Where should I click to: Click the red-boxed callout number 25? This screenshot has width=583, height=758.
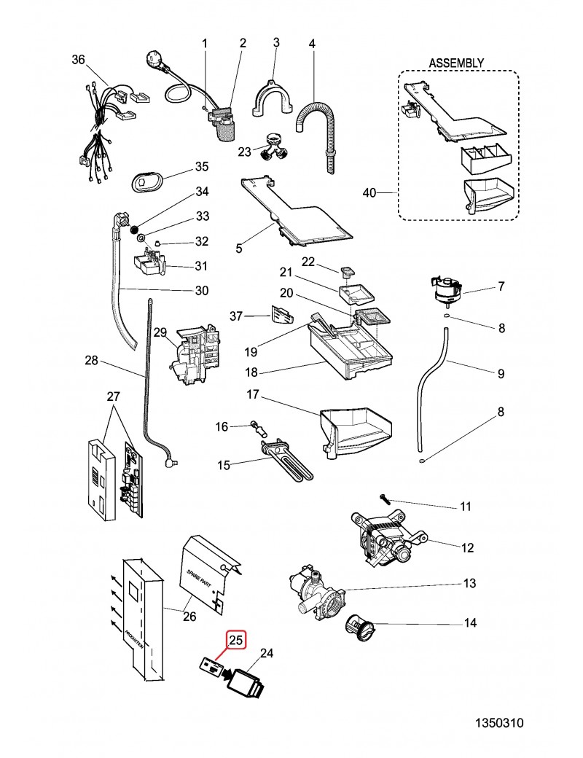click(x=237, y=641)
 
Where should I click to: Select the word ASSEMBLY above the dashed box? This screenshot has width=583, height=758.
click(x=456, y=63)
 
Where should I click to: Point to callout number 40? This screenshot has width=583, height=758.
click(x=369, y=192)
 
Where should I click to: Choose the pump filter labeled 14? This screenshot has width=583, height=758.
click(x=361, y=625)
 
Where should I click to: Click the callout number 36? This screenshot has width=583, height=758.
click(x=79, y=60)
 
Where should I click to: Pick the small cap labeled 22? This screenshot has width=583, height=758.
click(x=346, y=273)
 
